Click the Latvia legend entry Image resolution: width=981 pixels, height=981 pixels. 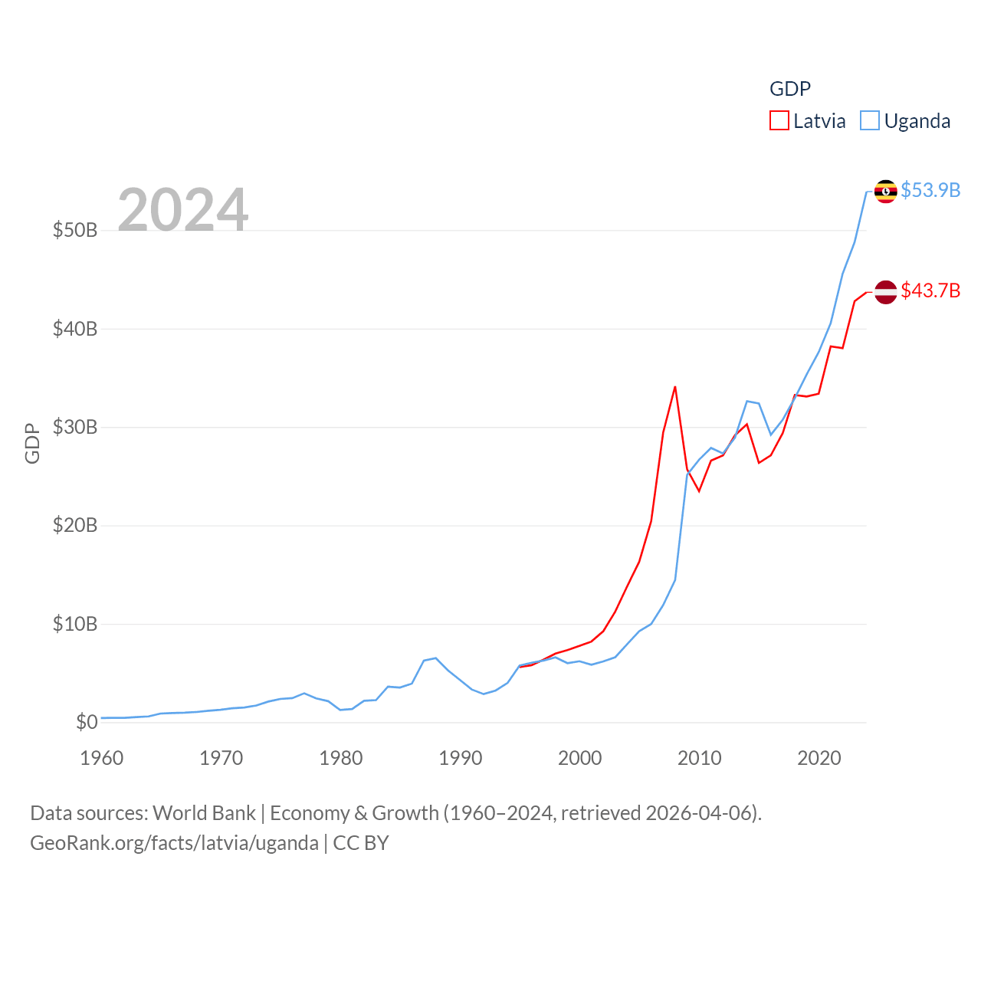click(x=808, y=121)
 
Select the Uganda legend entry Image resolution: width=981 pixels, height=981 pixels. click(x=905, y=121)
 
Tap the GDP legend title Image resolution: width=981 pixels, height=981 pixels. click(x=789, y=89)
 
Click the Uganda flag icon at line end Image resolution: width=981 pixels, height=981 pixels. click(x=885, y=191)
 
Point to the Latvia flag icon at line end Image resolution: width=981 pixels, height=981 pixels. click(x=885, y=292)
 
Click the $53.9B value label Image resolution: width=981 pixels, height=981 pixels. click(x=930, y=190)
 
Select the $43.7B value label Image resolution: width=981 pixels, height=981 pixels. click(x=930, y=290)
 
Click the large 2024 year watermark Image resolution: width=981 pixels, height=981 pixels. click(x=183, y=210)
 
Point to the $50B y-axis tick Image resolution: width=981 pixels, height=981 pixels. click(x=75, y=230)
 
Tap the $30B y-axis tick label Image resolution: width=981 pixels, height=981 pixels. click(x=75, y=427)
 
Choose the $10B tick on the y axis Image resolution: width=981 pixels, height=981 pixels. click(x=75, y=624)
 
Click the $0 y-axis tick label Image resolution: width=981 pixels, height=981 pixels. click(x=87, y=722)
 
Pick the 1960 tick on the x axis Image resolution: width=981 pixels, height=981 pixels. click(x=102, y=758)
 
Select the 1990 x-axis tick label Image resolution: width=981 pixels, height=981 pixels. click(x=461, y=758)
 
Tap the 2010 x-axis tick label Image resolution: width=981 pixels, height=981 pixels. click(x=700, y=758)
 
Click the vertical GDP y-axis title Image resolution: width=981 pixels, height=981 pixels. click(x=32, y=443)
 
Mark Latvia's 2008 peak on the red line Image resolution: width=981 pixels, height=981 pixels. click(x=675, y=387)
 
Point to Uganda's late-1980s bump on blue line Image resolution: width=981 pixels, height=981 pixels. click(x=435, y=658)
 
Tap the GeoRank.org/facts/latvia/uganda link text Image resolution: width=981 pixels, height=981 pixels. click(x=174, y=843)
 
